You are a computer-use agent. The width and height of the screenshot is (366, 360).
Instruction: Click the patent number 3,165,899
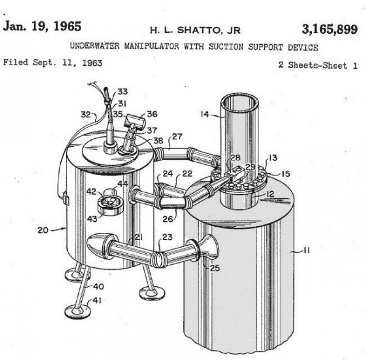click(x=330, y=29)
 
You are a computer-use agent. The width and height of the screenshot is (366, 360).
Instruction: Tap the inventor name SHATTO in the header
click(x=199, y=30)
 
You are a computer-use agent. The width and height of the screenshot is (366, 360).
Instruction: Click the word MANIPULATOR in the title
click(x=151, y=46)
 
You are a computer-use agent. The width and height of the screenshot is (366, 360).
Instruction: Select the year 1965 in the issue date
click(x=68, y=26)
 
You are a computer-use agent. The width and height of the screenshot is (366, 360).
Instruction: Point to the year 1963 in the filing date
click(x=92, y=63)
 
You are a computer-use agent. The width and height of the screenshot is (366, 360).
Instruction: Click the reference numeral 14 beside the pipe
click(x=205, y=114)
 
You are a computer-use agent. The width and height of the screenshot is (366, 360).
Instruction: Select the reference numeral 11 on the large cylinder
click(x=306, y=251)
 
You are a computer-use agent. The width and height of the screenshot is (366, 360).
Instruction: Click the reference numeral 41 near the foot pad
click(x=97, y=300)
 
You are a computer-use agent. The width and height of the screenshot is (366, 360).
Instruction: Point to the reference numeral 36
click(x=152, y=114)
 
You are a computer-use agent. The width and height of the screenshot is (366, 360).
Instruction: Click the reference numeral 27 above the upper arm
click(x=177, y=136)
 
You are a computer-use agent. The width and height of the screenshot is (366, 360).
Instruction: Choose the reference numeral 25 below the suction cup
click(x=215, y=268)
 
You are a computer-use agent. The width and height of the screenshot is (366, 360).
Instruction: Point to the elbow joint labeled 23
click(x=159, y=258)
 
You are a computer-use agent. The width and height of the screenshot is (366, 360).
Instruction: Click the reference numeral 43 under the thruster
click(x=92, y=219)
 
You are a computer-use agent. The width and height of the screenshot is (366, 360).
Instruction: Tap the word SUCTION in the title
click(x=226, y=47)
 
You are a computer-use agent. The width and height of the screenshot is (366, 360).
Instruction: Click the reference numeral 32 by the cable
click(x=86, y=114)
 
